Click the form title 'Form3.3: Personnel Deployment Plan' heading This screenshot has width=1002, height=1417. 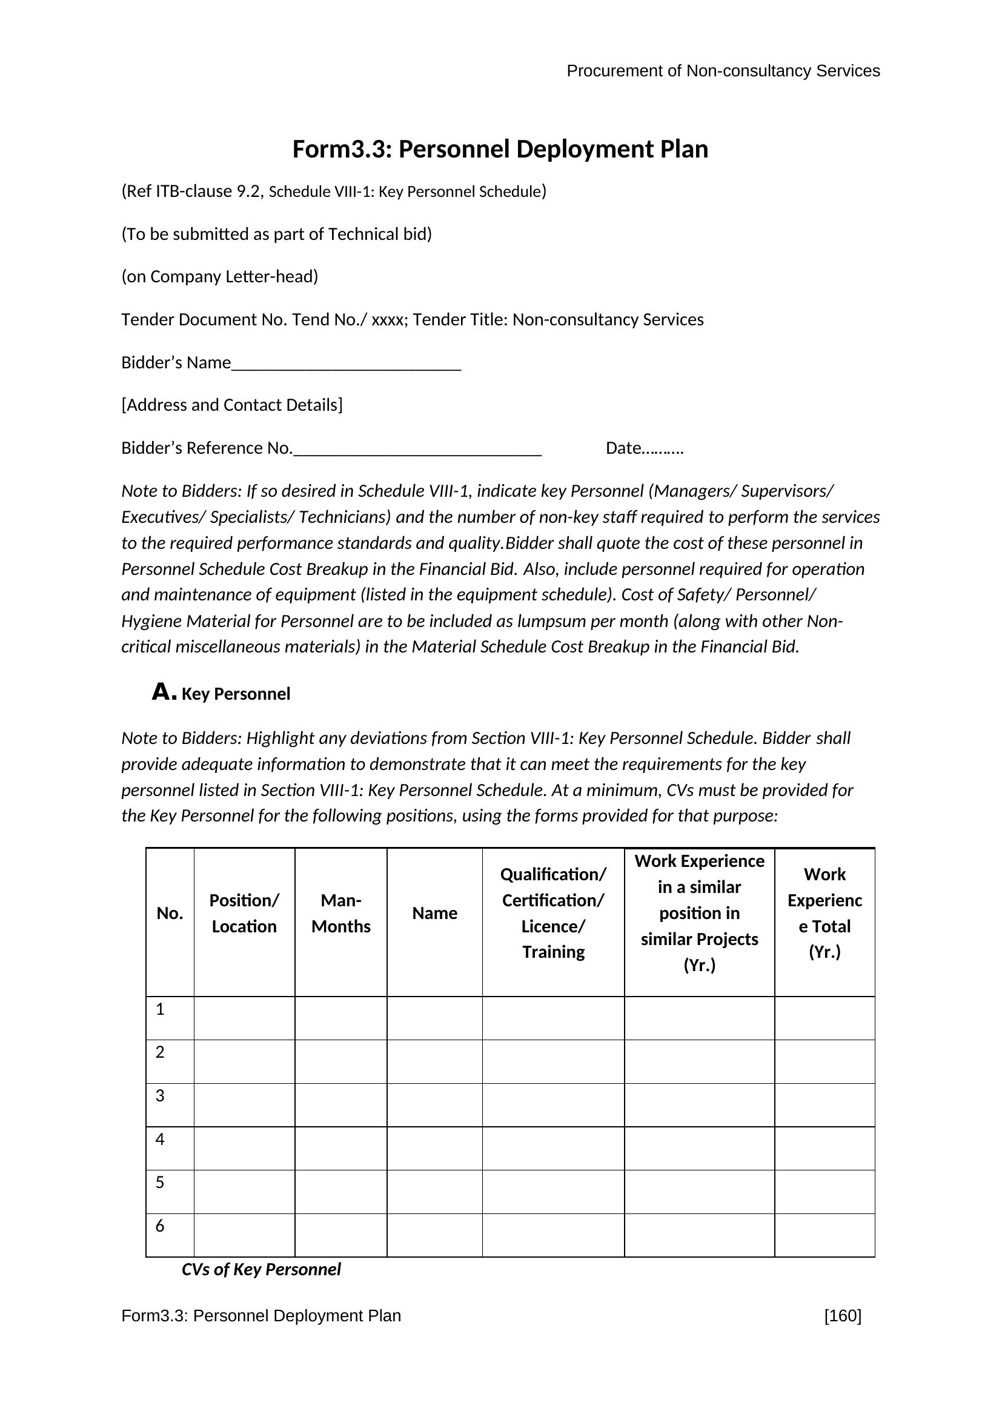(500, 150)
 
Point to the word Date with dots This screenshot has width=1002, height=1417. (644, 448)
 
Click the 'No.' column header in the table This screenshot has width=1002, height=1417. (170, 914)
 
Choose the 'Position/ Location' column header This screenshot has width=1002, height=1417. (244, 914)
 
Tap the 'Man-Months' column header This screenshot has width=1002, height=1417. (340, 914)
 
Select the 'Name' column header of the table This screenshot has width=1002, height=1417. (434, 914)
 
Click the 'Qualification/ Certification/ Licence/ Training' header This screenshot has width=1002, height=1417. (553, 914)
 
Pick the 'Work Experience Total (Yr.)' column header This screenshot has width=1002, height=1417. (824, 914)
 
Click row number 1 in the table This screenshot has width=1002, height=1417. (160, 1010)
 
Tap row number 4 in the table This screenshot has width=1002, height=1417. (160, 1140)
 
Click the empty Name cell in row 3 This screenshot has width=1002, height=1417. (434, 1105)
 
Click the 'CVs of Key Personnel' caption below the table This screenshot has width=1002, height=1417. (261, 1270)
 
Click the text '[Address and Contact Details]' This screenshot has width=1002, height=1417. (232, 405)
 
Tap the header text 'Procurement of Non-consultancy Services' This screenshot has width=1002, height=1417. (723, 71)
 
